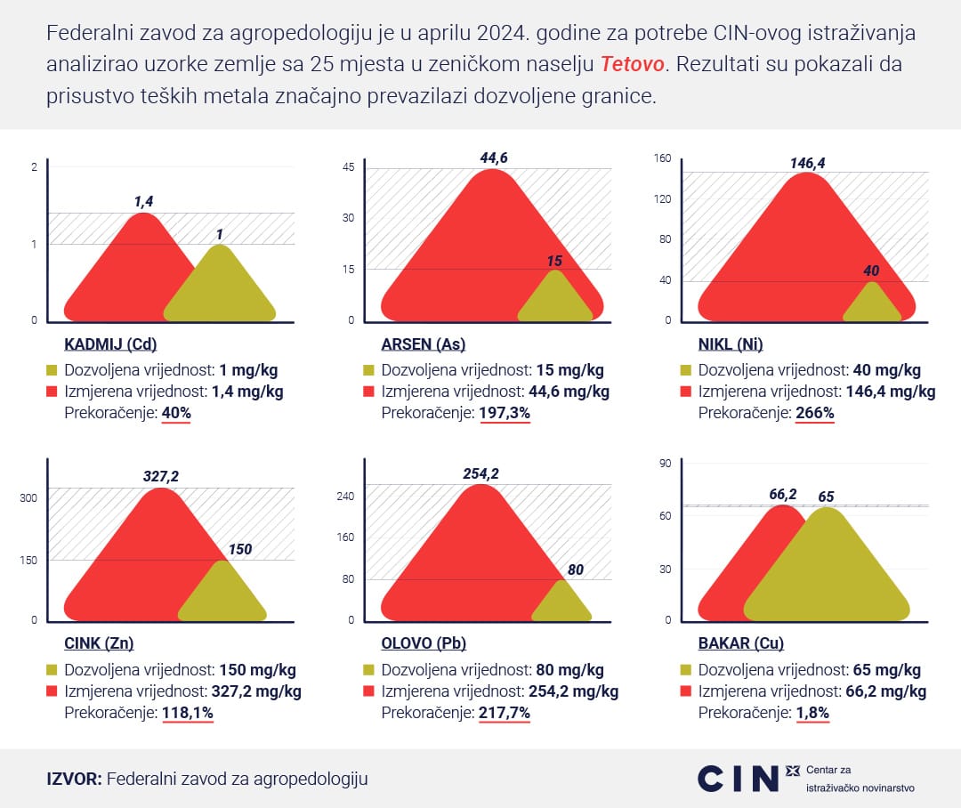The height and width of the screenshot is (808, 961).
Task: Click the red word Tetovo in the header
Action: coord(633,65)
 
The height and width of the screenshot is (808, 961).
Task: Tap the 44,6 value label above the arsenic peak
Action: coord(494,158)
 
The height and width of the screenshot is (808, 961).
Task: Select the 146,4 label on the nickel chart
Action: coord(807,163)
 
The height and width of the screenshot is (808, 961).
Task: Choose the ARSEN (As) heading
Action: coord(423,345)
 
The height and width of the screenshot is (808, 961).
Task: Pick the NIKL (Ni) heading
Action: coord(731,345)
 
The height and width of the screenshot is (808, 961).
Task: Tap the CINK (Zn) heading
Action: coord(99,643)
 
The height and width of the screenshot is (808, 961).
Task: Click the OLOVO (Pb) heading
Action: coord(424,643)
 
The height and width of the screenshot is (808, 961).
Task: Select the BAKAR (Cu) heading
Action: coord(740,643)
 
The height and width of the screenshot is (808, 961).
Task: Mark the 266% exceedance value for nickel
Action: coord(815,413)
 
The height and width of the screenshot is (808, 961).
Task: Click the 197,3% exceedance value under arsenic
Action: coord(505,413)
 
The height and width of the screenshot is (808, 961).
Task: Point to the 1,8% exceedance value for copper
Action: coord(812,712)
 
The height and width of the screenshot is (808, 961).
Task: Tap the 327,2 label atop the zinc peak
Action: coord(161,477)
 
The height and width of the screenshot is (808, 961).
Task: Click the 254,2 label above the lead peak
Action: coord(480,473)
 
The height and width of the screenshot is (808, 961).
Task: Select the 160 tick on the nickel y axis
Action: coord(662,158)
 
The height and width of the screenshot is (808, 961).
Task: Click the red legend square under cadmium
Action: coord(52,392)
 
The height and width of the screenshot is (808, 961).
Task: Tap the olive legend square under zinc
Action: coord(52,670)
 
